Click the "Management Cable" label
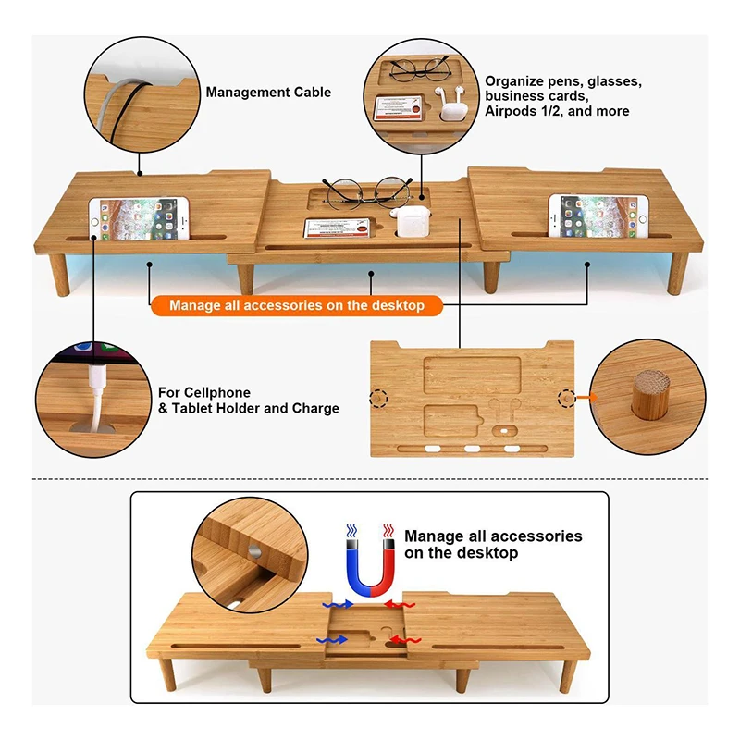pos(268,92)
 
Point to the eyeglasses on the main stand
pos(366,191)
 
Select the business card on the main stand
pos(337,228)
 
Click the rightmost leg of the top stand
pos(677,272)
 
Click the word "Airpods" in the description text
pos(510,112)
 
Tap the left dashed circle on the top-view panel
pos(377,398)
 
